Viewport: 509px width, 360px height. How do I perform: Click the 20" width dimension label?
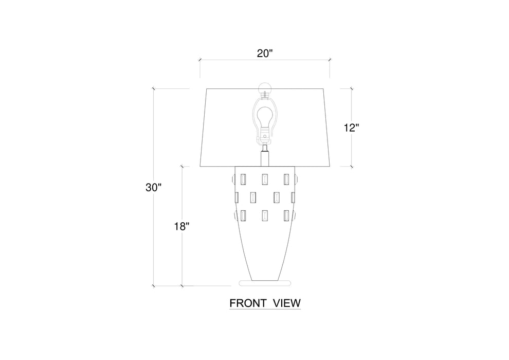265,53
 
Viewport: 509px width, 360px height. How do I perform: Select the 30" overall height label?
153,187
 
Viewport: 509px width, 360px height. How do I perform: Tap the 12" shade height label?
352,128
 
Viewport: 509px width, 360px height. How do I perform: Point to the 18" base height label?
181,226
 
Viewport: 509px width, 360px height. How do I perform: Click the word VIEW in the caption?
287,303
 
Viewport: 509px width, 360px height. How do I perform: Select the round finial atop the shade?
265,87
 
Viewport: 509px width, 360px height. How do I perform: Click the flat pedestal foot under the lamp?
265,283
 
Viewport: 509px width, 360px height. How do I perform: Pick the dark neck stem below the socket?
265,156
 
